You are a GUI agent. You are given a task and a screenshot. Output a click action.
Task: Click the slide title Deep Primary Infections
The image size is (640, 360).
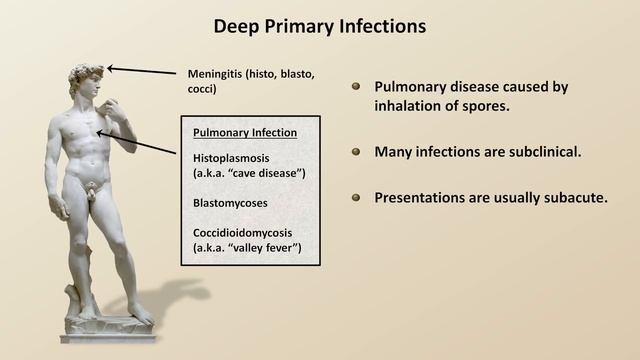point(320,25)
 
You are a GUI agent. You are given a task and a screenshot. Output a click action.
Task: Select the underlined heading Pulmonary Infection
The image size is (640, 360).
point(243,133)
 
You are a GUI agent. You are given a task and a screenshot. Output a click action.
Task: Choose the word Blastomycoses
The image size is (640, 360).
point(231,202)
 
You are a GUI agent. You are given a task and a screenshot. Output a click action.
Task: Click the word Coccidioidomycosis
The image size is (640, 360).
point(248,230)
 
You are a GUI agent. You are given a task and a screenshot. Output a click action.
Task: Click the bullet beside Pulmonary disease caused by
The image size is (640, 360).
point(356,87)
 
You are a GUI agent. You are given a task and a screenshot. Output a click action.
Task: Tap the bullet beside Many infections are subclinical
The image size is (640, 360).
point(356,152)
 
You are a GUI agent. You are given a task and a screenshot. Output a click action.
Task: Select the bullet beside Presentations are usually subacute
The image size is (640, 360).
point(356,197)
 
